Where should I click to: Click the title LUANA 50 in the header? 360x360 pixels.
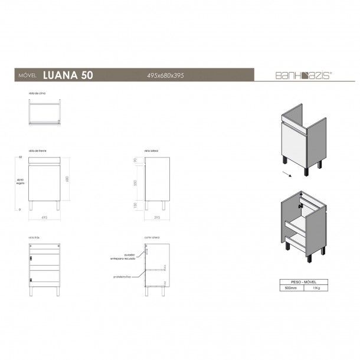tap(67, 75)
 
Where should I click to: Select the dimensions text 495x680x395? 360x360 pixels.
tap(167, 76)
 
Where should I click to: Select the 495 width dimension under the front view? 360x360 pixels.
tap(45, 217)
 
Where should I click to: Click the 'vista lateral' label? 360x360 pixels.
tap(152, 151)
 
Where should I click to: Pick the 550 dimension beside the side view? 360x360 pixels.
tap(135, 184)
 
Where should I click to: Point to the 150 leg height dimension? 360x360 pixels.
tap(135, 204)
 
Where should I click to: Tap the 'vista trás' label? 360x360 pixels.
tap(34, 237)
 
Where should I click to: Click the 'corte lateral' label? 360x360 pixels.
tap(152, 237)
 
